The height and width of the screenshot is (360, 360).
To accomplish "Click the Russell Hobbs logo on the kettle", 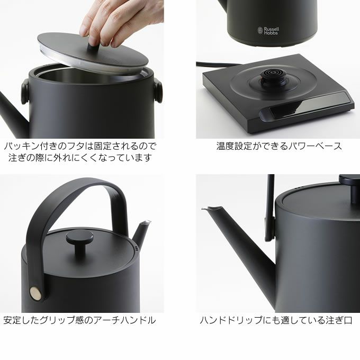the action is click(268, 31).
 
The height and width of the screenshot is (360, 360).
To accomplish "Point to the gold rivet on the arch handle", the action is click(36, 293).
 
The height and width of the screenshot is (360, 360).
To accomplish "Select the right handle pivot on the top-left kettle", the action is click(158, 90).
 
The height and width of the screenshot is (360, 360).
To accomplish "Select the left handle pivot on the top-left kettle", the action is click(25, 91).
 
